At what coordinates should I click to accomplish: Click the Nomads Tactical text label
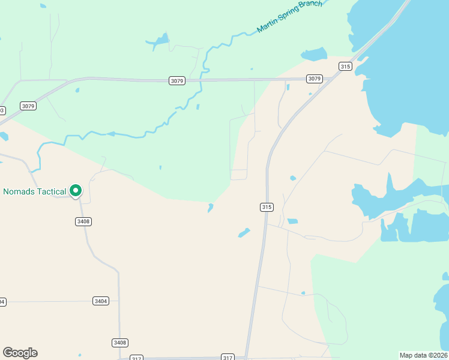tap(34, 192)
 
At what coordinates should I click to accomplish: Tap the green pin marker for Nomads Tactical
tap(76, 191)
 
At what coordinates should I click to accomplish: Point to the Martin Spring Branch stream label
tap(289, 16)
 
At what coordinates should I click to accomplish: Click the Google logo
tap(20, 353)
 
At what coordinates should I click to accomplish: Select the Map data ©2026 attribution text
tap(423, 355)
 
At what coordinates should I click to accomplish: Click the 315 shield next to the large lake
tap(345, 67)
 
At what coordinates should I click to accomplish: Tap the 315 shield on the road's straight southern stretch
tap(267, 207)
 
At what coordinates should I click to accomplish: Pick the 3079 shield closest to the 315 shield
tap(315, 79)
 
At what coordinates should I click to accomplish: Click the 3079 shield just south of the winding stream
tap(176, 81)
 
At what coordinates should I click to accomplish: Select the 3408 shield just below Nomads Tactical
tap(83, 221)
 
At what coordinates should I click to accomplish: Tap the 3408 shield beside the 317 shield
tap(120, 343)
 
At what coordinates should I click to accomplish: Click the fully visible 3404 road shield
tap(101, 301)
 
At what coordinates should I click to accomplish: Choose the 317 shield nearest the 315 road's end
tap(227, 358)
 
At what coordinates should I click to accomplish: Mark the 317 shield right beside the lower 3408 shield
tap(136, 358)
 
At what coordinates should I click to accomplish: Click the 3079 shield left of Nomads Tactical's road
tap(28, 106)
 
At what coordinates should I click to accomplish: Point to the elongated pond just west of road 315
tap(244, 233)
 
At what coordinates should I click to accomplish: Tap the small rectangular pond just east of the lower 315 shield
tap(292, 221)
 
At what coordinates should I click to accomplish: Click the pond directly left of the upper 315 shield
tap(313, 55)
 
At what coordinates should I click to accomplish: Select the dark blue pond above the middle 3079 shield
tap(159, 41)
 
